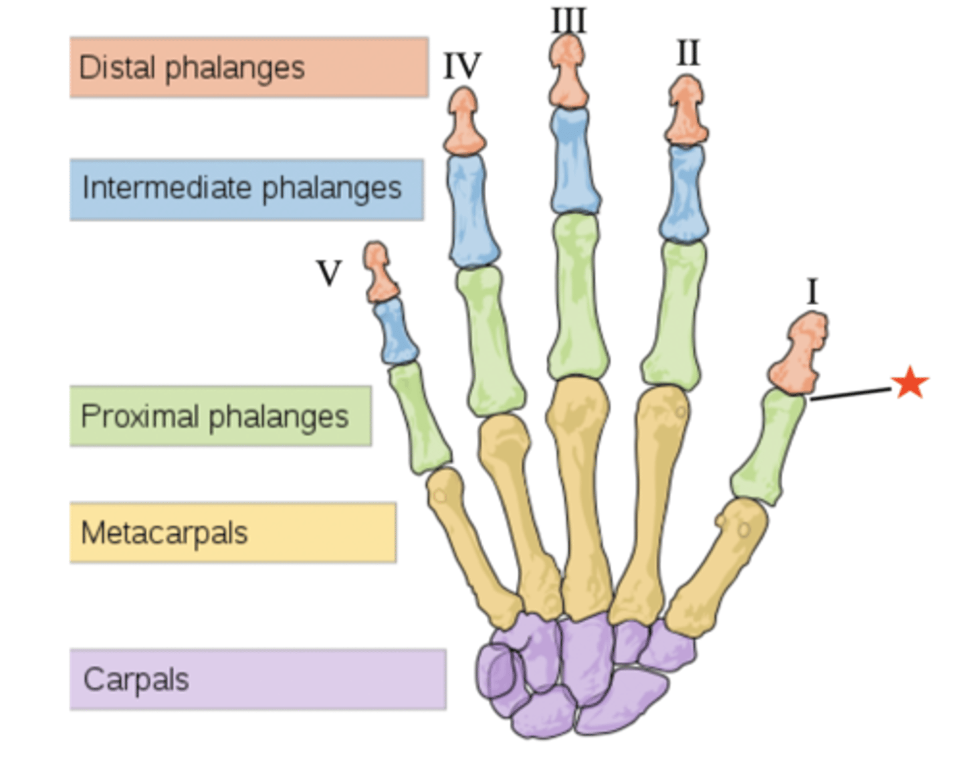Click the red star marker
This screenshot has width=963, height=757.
pyautogui.click(x=910, y=383)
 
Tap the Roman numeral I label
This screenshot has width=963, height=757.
pyautogui.click(x=813, y=292)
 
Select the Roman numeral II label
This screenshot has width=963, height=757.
pyautogui.click(x=688, y=53)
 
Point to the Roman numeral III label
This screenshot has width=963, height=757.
pyautogui.click(x=568, y=20)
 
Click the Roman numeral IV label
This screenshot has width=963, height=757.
pyautogui.click(x=462, y=66)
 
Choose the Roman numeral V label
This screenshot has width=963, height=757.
pyautogui.click(x=328, y=273)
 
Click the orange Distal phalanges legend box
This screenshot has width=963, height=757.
pyautogui.click(x=249, y=68)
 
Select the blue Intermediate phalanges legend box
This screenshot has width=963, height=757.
pyautogui.click(x=247, y=189)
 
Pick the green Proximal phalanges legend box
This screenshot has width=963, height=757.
pyautogui.click(x=221, y=416)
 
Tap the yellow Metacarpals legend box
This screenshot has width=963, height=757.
pyautogui.click(x=233, y=533)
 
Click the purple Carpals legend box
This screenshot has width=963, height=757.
pyautogui.click(x=257, y=679)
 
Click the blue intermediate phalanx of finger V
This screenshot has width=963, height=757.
pyautogui.click(x=397, y=332)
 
